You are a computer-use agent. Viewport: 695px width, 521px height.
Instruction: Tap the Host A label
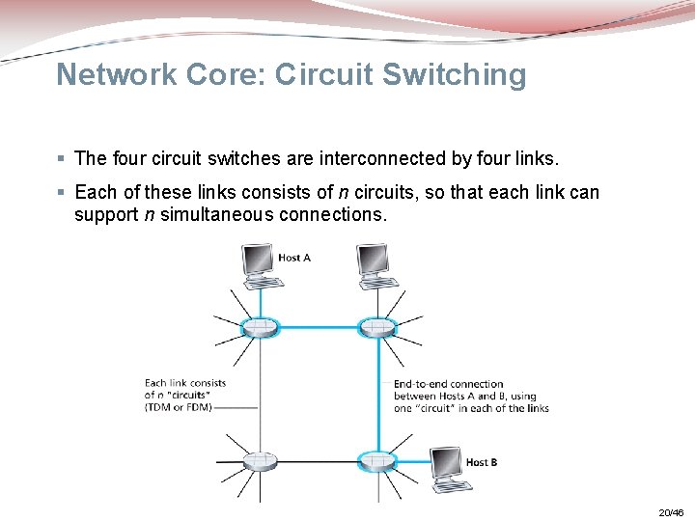294,258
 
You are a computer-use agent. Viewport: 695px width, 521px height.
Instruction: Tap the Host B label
482,462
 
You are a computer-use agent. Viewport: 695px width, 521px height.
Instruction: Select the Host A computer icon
260,266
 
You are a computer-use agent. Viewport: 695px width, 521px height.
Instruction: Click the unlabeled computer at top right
376,266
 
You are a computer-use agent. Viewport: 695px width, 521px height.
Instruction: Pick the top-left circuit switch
260,327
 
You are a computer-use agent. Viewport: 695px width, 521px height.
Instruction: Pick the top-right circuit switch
377,327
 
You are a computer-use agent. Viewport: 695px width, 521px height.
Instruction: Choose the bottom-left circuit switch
260,461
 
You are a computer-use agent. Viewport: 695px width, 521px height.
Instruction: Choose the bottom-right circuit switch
377,461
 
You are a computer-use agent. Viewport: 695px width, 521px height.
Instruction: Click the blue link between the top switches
319,327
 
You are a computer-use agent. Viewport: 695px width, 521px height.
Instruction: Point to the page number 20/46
670,512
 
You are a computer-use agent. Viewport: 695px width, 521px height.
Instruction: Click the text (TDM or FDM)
179,407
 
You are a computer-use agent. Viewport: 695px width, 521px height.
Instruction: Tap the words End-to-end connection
449,384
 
